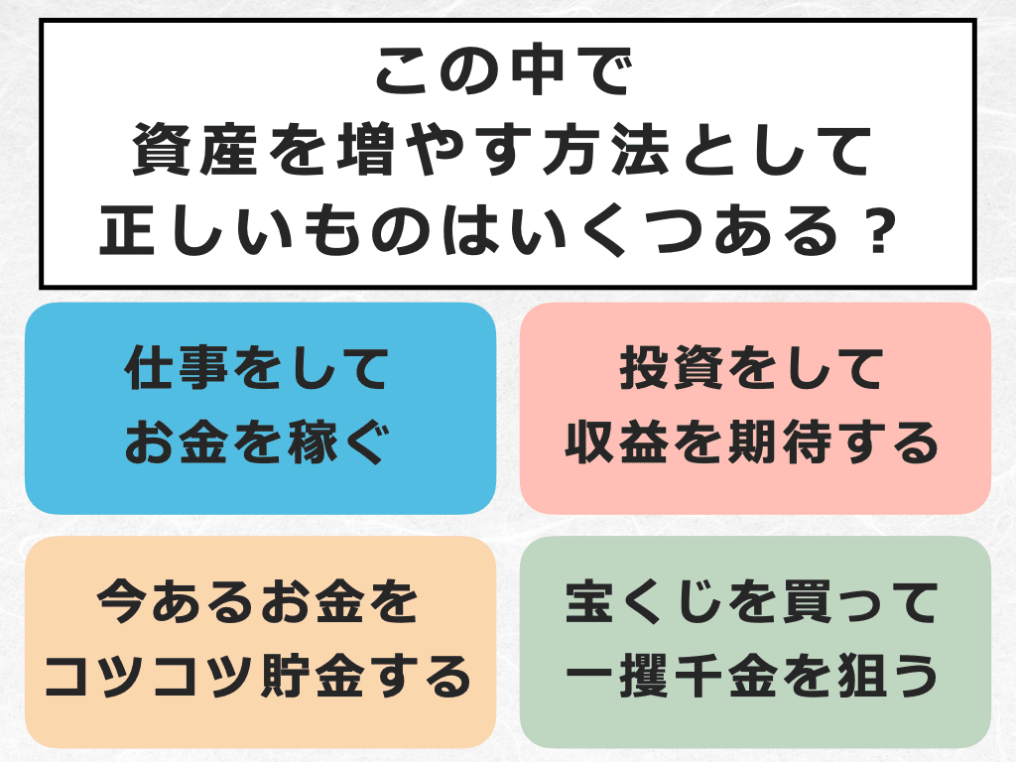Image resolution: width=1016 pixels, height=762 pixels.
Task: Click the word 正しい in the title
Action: [x=197, y=234]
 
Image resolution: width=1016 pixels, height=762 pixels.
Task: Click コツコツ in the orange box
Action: [x=150, y=678]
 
